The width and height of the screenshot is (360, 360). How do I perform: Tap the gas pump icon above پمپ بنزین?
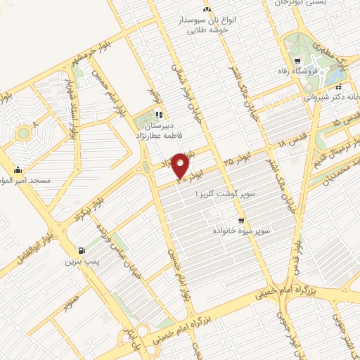tap(84, 251)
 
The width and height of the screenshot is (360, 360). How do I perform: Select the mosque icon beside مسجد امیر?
tap(18, 169)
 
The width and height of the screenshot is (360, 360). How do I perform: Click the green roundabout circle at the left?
tap(24, 133)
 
